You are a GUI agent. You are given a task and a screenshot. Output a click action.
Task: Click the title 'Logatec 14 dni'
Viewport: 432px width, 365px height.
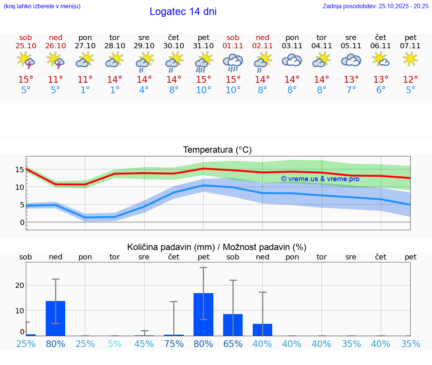coord(183,12)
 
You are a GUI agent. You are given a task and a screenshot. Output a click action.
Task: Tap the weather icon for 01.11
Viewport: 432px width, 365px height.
coord(233,62)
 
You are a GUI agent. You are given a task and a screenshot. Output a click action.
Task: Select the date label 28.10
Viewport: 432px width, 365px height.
coord(114,46)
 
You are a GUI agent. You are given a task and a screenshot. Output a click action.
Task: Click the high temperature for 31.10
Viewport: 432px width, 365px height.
coord(203,80)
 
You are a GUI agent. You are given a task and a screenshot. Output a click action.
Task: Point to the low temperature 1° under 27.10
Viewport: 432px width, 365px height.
coord(85,90)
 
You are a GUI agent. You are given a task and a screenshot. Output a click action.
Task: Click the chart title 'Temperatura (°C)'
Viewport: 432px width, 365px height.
coord(217,150)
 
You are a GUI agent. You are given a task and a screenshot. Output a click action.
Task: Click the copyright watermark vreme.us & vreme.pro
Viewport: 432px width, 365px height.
coord(320,179)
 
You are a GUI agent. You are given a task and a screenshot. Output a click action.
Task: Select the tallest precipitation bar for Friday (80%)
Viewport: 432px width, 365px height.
coord(203,314)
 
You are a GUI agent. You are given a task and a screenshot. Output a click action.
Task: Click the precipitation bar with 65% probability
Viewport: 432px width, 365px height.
coord(233,325)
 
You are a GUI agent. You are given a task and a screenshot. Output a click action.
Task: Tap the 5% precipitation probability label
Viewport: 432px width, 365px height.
coord(114,344)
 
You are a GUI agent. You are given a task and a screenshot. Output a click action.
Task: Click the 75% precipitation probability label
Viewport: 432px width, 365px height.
coord(174,344)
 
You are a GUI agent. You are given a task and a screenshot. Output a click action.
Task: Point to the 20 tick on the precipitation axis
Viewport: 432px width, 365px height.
coord(19,285)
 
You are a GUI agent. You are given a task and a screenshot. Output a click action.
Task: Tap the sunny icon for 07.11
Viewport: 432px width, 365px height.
coord(410,59)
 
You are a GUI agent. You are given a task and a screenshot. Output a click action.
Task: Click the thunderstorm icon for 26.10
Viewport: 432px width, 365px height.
coord(55,60)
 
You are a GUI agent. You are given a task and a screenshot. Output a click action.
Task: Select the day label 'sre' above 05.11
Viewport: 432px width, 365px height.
coord(351,37)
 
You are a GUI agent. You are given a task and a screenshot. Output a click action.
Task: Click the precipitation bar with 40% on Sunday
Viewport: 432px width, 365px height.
coord(262,330)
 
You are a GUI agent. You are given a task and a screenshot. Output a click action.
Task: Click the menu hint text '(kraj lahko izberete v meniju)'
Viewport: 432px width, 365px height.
coord(42,6)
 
